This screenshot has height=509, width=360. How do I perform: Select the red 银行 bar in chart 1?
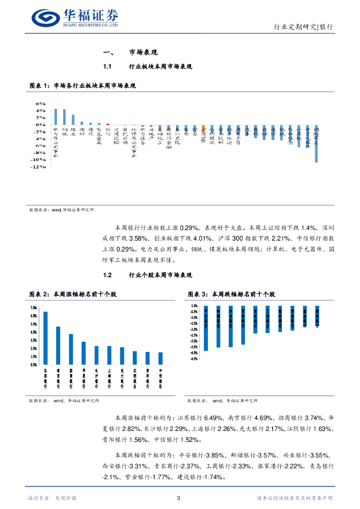(x=108, y=124)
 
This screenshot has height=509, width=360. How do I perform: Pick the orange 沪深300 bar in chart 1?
(x=203, y=126)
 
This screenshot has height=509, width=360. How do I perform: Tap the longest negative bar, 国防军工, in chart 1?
(x=316, y=144)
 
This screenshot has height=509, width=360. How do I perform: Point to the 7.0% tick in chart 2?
(x=33, y=307)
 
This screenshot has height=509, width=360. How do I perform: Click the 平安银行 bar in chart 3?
(x=206, y=329)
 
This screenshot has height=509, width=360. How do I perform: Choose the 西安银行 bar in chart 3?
(x=243, y=325)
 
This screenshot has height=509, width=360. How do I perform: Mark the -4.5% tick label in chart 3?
(x=194, y=359)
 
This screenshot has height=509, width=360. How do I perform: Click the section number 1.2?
(x=107, y=275)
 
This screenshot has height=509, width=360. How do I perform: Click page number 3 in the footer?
(x=180, y=498)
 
